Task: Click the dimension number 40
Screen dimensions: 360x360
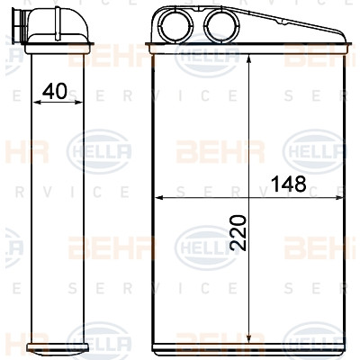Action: click(x=55, y=91)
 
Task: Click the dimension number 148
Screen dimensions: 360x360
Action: click(x=288, y=184)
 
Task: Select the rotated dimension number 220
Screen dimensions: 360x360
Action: click(x=238, y=232)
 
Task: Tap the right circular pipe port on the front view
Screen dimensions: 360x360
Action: click(x=221, y=25)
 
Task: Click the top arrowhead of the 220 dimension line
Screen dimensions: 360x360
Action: click(x=248, y=59)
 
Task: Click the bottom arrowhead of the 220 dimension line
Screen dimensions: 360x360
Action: click(x=248, y=338)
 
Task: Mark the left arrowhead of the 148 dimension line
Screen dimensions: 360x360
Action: click(x=158, y=197)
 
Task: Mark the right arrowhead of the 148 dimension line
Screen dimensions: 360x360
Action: click(x=338, y=197)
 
